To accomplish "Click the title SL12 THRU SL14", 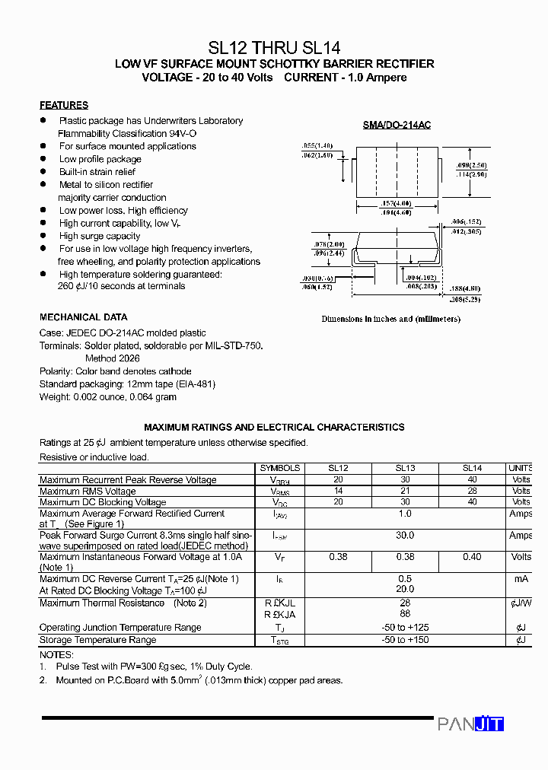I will coord(274,47).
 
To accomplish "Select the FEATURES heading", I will coord(64,105).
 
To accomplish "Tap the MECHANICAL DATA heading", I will coord(84,317).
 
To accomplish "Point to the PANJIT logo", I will coord(470,724).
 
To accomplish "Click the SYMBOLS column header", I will coord(279,468).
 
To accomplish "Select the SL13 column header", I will coord(405,468).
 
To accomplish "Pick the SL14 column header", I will coord(472,468).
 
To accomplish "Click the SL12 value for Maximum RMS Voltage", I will coord(338,492).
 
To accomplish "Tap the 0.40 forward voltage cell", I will coord(472,557).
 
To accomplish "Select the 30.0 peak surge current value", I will coord(405,536).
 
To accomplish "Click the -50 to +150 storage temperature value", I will coord(405,641).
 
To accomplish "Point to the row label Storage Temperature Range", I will coord(97,641).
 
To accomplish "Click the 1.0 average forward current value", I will coord(405,514).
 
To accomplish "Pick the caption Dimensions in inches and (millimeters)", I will coord(390,320).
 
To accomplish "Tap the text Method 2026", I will coord(112,358).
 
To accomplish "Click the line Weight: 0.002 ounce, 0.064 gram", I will coord(108,397).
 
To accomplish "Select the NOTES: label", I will coord(56,654).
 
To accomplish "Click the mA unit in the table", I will coord(521,579).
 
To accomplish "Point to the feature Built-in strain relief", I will coord(97,172).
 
